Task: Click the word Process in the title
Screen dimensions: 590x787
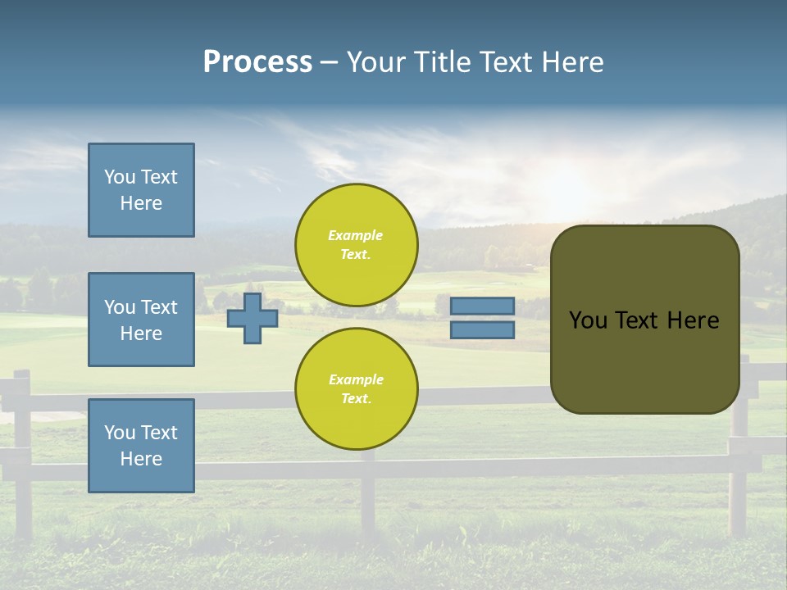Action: (x=257, y=62)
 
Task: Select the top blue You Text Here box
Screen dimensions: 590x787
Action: (x=141, y=190)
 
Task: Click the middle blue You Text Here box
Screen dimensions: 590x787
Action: (x=141, y=320)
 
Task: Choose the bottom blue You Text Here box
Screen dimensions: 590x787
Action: (x=141, y=446)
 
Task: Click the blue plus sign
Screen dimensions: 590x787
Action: (x=252, y=318)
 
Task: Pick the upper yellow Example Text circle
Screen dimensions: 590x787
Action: (x=356, y=245)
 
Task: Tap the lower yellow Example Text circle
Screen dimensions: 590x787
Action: (x=356, y=389)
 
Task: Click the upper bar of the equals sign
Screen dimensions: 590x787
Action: (x=482, y=306)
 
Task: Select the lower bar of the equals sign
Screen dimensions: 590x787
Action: (x=482, y=330)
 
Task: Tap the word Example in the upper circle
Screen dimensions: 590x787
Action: (x=356, y=235)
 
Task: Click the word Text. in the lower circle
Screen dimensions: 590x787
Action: (x=356, y=399)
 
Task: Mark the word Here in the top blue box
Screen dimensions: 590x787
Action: (x=141, y=203)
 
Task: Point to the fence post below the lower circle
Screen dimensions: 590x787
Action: (x=368, y=492)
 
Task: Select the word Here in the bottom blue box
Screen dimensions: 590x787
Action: (x=141, y=459)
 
